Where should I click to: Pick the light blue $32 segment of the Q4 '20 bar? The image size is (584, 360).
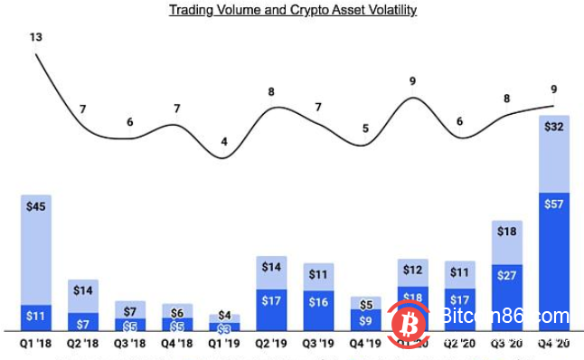coord(553,154)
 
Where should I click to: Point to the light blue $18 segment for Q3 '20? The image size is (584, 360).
coord(506,242)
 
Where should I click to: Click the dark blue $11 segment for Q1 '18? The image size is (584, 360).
coord(36,317)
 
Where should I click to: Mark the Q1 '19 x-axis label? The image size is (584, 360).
coord(224,344)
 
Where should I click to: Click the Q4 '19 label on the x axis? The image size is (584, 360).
coord(365,344)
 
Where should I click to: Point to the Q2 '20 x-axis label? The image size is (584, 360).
coord(459,344)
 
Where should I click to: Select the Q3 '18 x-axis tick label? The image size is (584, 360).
coord(130,344)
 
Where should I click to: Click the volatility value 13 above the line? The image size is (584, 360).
coord(36,38)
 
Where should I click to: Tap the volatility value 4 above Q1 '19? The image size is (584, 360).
coord(224,142)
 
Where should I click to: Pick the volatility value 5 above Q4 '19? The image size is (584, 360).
coord(365,128)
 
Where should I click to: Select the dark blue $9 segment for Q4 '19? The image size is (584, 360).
coord(365,319)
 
